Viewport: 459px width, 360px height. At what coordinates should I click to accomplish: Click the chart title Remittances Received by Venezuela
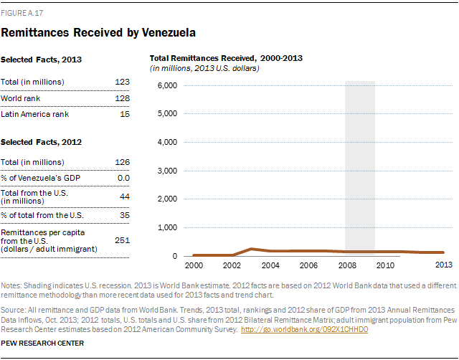pos(99,32)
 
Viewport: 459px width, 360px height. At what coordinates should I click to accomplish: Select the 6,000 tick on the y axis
pos(167,85)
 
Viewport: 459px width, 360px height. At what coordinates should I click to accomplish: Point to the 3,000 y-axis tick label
pos(167,171)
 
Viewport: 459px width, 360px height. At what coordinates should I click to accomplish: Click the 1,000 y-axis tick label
pos(167,227)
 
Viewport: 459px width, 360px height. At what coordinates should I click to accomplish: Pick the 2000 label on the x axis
pos(194,265)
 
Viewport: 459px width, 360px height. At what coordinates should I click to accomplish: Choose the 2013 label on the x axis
pos(443,265)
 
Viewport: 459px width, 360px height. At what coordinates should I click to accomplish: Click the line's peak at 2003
pos(251,249)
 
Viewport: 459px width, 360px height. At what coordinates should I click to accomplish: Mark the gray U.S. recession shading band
pos(360,165)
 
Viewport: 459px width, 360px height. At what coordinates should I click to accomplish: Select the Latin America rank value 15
pos(124,114)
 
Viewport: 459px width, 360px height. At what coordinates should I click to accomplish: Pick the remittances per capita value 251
pos(122,240)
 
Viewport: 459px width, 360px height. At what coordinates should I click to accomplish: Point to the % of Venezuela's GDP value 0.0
pos(123,177)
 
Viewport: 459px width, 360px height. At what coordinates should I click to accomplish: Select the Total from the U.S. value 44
pos(124,195)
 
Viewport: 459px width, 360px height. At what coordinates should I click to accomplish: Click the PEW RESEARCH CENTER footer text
pos(43,344)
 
